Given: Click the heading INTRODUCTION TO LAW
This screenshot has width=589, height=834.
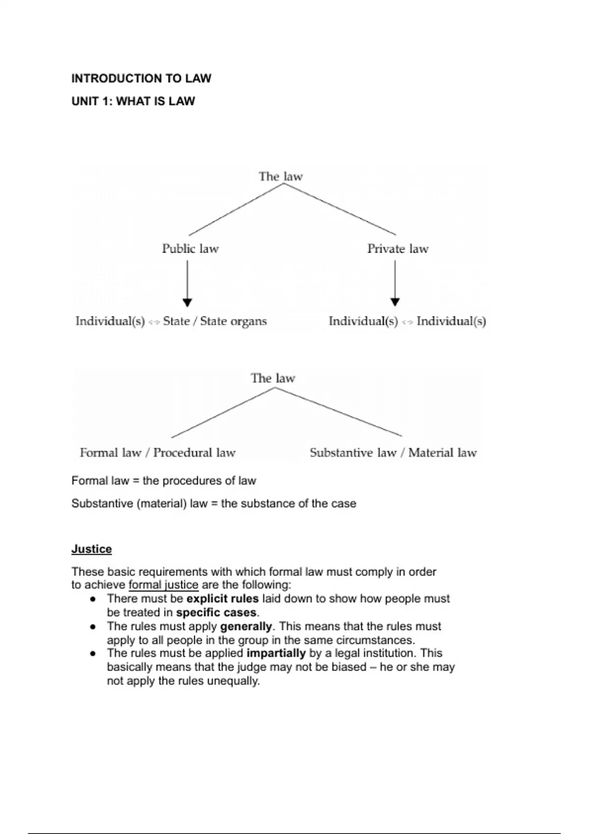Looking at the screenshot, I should coord(141,78).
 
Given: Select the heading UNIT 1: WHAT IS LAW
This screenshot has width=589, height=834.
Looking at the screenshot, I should coord(133,101).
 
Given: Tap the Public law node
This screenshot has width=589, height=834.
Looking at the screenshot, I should coord(190,249).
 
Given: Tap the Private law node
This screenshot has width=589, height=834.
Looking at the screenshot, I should coord(398,249).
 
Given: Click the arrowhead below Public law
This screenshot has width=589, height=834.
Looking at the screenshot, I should coord(187,302).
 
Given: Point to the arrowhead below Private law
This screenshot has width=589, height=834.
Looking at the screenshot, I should coord(395,302).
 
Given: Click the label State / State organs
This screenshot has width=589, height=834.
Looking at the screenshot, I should coord(215,321).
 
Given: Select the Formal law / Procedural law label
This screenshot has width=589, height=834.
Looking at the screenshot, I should coord(158,452).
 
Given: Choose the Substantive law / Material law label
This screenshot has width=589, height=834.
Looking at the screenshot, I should coord(393,452).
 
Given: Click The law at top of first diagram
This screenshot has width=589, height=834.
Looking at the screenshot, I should coord(281,176).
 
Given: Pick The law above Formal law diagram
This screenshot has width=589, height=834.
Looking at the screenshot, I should coord(273,378).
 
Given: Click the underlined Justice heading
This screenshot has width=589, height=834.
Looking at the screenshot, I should coord(92,549).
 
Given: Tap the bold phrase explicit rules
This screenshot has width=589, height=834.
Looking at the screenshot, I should coord(222,599).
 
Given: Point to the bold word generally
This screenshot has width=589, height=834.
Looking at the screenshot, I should coord(246,626).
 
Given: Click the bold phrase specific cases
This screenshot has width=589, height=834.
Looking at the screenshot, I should coord(216,612).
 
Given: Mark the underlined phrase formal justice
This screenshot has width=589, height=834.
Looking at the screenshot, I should coord(163,585).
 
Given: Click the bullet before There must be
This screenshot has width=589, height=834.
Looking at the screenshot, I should coord(92,599).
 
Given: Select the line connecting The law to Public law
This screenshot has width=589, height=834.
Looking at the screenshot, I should coord(236,209).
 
